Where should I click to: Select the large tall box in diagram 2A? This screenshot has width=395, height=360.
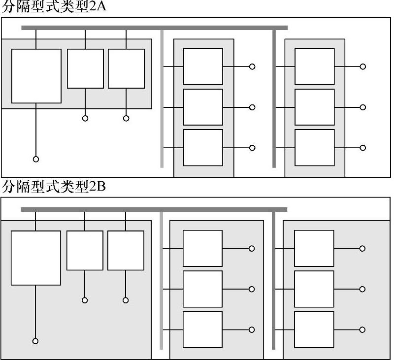tap(36, 76)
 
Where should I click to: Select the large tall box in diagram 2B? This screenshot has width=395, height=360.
tap(36, 258)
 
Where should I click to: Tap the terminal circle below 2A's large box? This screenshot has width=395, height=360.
tap(36, 159)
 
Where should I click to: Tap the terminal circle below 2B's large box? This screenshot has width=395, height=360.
tap(35, 341)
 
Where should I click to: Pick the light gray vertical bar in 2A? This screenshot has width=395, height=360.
tap(162, 98)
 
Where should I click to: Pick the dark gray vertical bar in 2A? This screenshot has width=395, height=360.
tap(274, 98)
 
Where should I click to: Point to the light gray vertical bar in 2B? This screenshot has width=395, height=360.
tap(161, 281)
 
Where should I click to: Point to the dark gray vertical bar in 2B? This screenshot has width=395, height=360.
tap(274, 281)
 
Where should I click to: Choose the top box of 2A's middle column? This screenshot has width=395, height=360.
tap(203, 66)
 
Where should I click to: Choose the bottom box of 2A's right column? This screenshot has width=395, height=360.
tap(314, 148)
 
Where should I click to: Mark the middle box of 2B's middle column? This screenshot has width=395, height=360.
tap(202, 289)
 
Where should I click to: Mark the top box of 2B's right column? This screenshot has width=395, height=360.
tap(314, 248)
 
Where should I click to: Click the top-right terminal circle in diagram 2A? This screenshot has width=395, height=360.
tap(363, 66)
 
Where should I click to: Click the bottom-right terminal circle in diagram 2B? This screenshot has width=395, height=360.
tap(362, 330)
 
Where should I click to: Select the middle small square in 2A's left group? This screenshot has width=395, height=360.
tap(85, 68)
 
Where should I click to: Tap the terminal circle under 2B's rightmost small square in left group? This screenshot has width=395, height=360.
tap(126, 300)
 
